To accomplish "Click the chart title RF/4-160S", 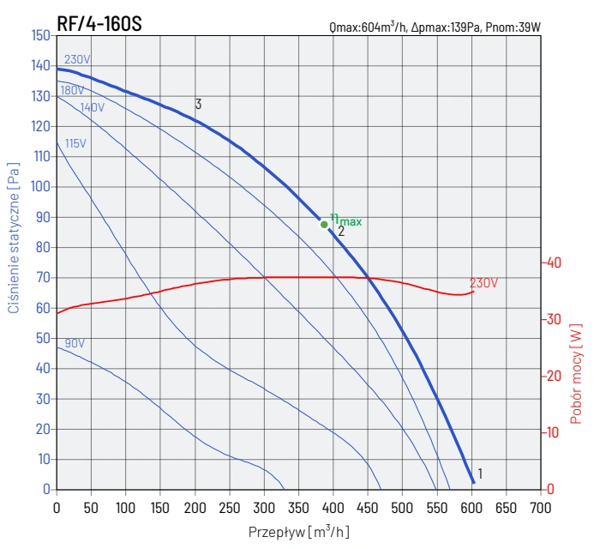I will click(x=99, y=23).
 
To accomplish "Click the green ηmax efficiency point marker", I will click(x=324, y=225).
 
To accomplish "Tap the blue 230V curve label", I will click(x=77, y=60).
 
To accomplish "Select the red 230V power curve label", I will click(x=483, y=282).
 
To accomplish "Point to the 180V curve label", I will click(x=72, y=90).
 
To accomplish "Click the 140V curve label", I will click(x=92, y=108).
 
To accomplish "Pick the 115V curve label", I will click(x=75, y=143).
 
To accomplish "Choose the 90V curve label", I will click(x=75, y=343).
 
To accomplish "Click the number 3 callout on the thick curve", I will click(x=198, y=105).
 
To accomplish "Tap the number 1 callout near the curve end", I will click(x=480, y=474).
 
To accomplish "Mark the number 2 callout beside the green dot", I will click(x=341, y=231).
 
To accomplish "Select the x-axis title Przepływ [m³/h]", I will click(x=298, y=532).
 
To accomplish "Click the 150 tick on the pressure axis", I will click(x=39, y=35).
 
